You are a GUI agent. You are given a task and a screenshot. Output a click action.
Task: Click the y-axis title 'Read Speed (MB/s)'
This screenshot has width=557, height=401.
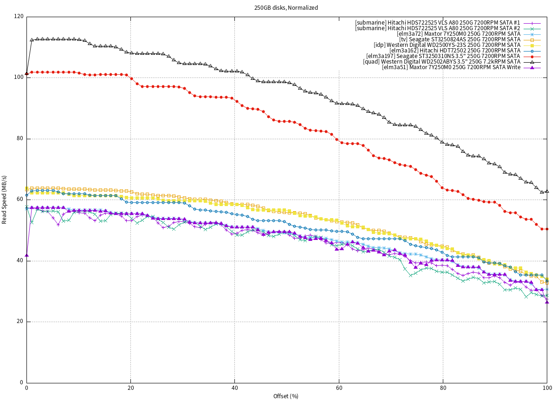(x=5, y=200)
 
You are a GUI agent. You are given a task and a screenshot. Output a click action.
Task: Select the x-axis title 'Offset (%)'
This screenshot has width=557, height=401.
(x=286, y=396)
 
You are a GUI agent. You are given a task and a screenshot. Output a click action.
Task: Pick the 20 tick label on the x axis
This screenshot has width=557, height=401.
(x=130, y=388)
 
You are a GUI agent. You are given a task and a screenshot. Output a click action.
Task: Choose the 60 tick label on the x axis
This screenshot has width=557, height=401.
(x=339, y=388)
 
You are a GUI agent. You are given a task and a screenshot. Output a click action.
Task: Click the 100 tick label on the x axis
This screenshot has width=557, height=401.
(x=547, y=388)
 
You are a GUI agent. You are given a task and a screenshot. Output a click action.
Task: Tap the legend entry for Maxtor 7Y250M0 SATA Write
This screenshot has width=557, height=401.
(x=451, y=67)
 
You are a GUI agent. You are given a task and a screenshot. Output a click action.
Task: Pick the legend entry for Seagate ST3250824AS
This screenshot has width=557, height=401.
(x=460, y=39)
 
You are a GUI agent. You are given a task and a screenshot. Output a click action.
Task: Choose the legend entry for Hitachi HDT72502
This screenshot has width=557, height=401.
(x=455, y=50)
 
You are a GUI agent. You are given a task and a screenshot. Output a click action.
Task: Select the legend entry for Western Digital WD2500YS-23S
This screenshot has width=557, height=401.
(x=447, y=45)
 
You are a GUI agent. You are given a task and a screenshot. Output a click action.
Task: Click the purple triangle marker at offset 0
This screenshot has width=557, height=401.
(x=26, y=255)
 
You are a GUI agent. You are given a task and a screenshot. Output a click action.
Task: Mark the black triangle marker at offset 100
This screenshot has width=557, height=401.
(x=547, y=191)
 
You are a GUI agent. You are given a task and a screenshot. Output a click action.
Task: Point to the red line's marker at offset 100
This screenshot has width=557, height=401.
(x=547, y=229)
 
